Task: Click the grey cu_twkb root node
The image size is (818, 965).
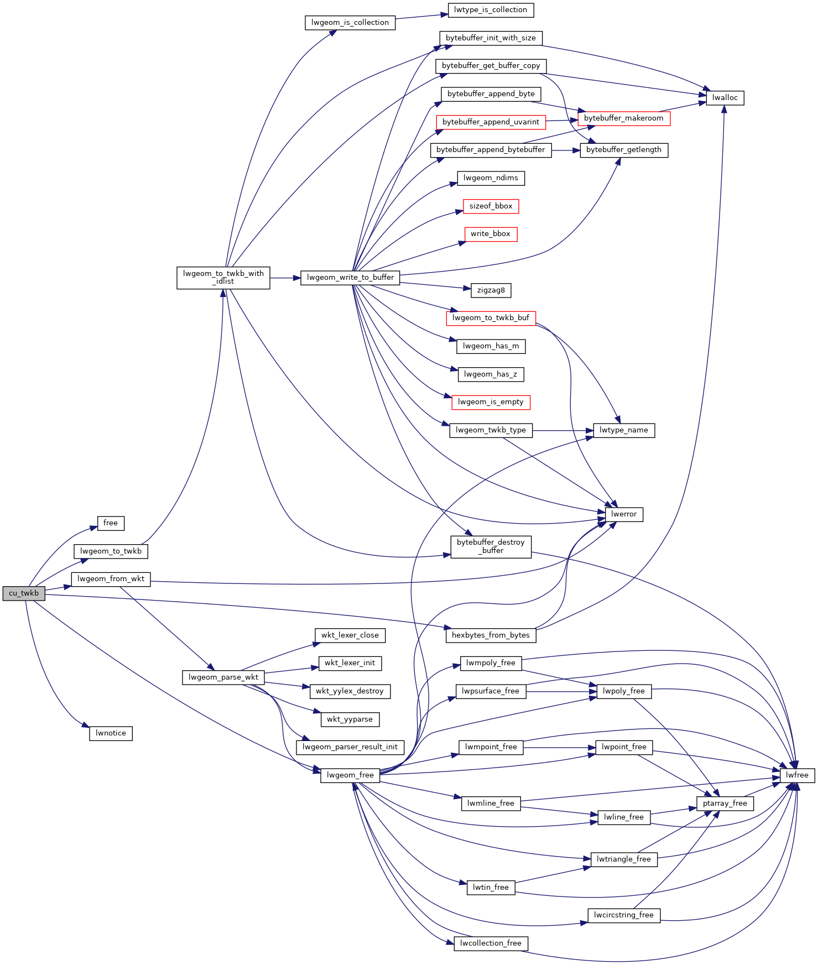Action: [x=24, y=593]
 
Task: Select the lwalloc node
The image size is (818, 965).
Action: [x=725, y=98]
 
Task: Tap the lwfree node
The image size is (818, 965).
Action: [x=797, y=775]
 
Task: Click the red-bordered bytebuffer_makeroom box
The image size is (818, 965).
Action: [x=624, y=118]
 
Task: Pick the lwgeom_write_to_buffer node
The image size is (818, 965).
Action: [x=350, y=278]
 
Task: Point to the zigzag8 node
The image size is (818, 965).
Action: [x=491, y=290]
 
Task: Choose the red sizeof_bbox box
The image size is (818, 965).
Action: [x=491, y=206]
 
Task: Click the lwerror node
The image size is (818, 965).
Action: [x=624, y=514]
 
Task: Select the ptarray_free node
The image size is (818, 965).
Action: [x=725, y=804]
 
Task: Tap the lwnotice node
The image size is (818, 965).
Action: [x=111, y=733]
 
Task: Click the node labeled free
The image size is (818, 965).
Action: [x=111, y=523]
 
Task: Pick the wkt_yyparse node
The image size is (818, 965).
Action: [x=350, y=719]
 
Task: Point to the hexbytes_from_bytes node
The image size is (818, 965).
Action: [x=491, y=635]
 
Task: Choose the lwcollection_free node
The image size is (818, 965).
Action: [x=491, y=943]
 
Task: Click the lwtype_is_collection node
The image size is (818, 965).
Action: [x=491, y=10]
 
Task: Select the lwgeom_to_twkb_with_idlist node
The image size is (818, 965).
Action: [x=223, y=278]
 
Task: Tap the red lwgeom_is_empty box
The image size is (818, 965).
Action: [x=491, y=402]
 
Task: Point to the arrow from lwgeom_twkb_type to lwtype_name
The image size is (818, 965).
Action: [x=563, y=430]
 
